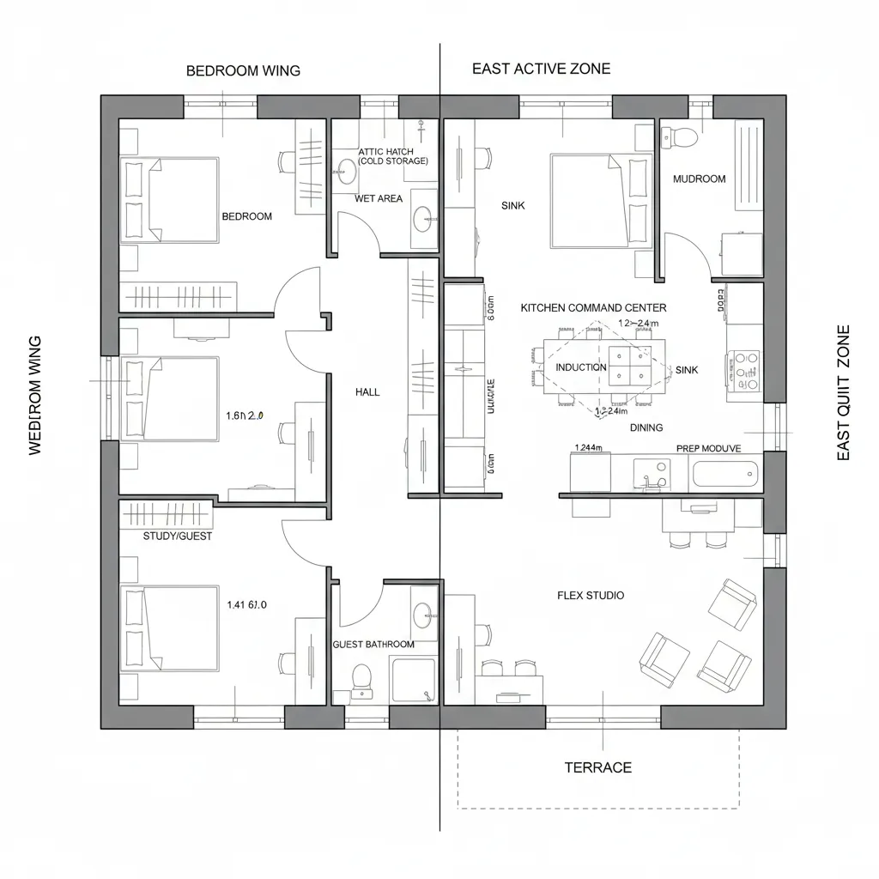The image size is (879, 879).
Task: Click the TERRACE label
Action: pos(597,767)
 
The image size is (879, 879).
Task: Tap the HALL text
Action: pos(367,392)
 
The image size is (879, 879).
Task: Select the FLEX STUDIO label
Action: pos(591,596)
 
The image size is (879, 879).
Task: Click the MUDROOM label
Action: pos(699,179)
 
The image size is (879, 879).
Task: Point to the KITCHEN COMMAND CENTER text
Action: pos(593,307)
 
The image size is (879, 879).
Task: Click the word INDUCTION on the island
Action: pos(581,367)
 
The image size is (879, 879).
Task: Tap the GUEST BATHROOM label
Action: pos(373,645)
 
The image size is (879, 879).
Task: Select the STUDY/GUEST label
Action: pos(178,536)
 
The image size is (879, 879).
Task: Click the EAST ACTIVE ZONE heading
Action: pos(541,70)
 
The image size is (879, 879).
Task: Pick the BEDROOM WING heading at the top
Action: pos(243,71)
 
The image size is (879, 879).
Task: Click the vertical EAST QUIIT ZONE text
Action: pos(843,392)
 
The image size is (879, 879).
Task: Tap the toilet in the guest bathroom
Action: pos(361,678)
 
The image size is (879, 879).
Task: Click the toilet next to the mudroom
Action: pos(685,136)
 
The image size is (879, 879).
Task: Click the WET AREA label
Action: pos(379,199)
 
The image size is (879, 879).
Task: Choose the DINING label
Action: pos(646,427)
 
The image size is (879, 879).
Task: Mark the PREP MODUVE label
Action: pos(708,448)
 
